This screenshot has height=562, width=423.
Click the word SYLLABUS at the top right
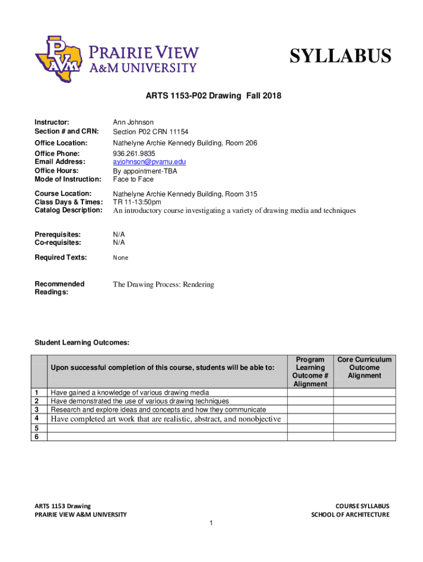(340, 56)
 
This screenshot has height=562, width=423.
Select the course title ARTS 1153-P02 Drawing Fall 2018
(213, 96)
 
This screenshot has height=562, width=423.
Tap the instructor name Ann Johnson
(133, 122)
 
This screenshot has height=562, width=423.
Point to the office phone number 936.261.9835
(134, 153)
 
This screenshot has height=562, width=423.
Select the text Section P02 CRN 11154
(151, 132)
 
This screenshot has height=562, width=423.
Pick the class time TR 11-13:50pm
(137, 202)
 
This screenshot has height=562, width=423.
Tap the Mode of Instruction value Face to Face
(133, 179)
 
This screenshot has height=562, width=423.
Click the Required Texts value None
(121, 257)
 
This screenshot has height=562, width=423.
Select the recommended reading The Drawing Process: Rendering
(163, 284)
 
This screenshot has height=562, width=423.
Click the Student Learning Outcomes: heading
(82, 342)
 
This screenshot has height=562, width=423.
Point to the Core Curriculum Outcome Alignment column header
(364, 368)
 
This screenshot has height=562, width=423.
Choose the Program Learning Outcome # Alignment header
(310, 372)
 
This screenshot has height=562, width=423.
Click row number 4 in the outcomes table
(36, 419)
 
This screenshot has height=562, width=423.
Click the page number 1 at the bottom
(211, 523)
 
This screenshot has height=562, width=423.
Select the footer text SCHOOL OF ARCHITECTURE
(350, 514)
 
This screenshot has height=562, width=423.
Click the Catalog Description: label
(68, 210)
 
